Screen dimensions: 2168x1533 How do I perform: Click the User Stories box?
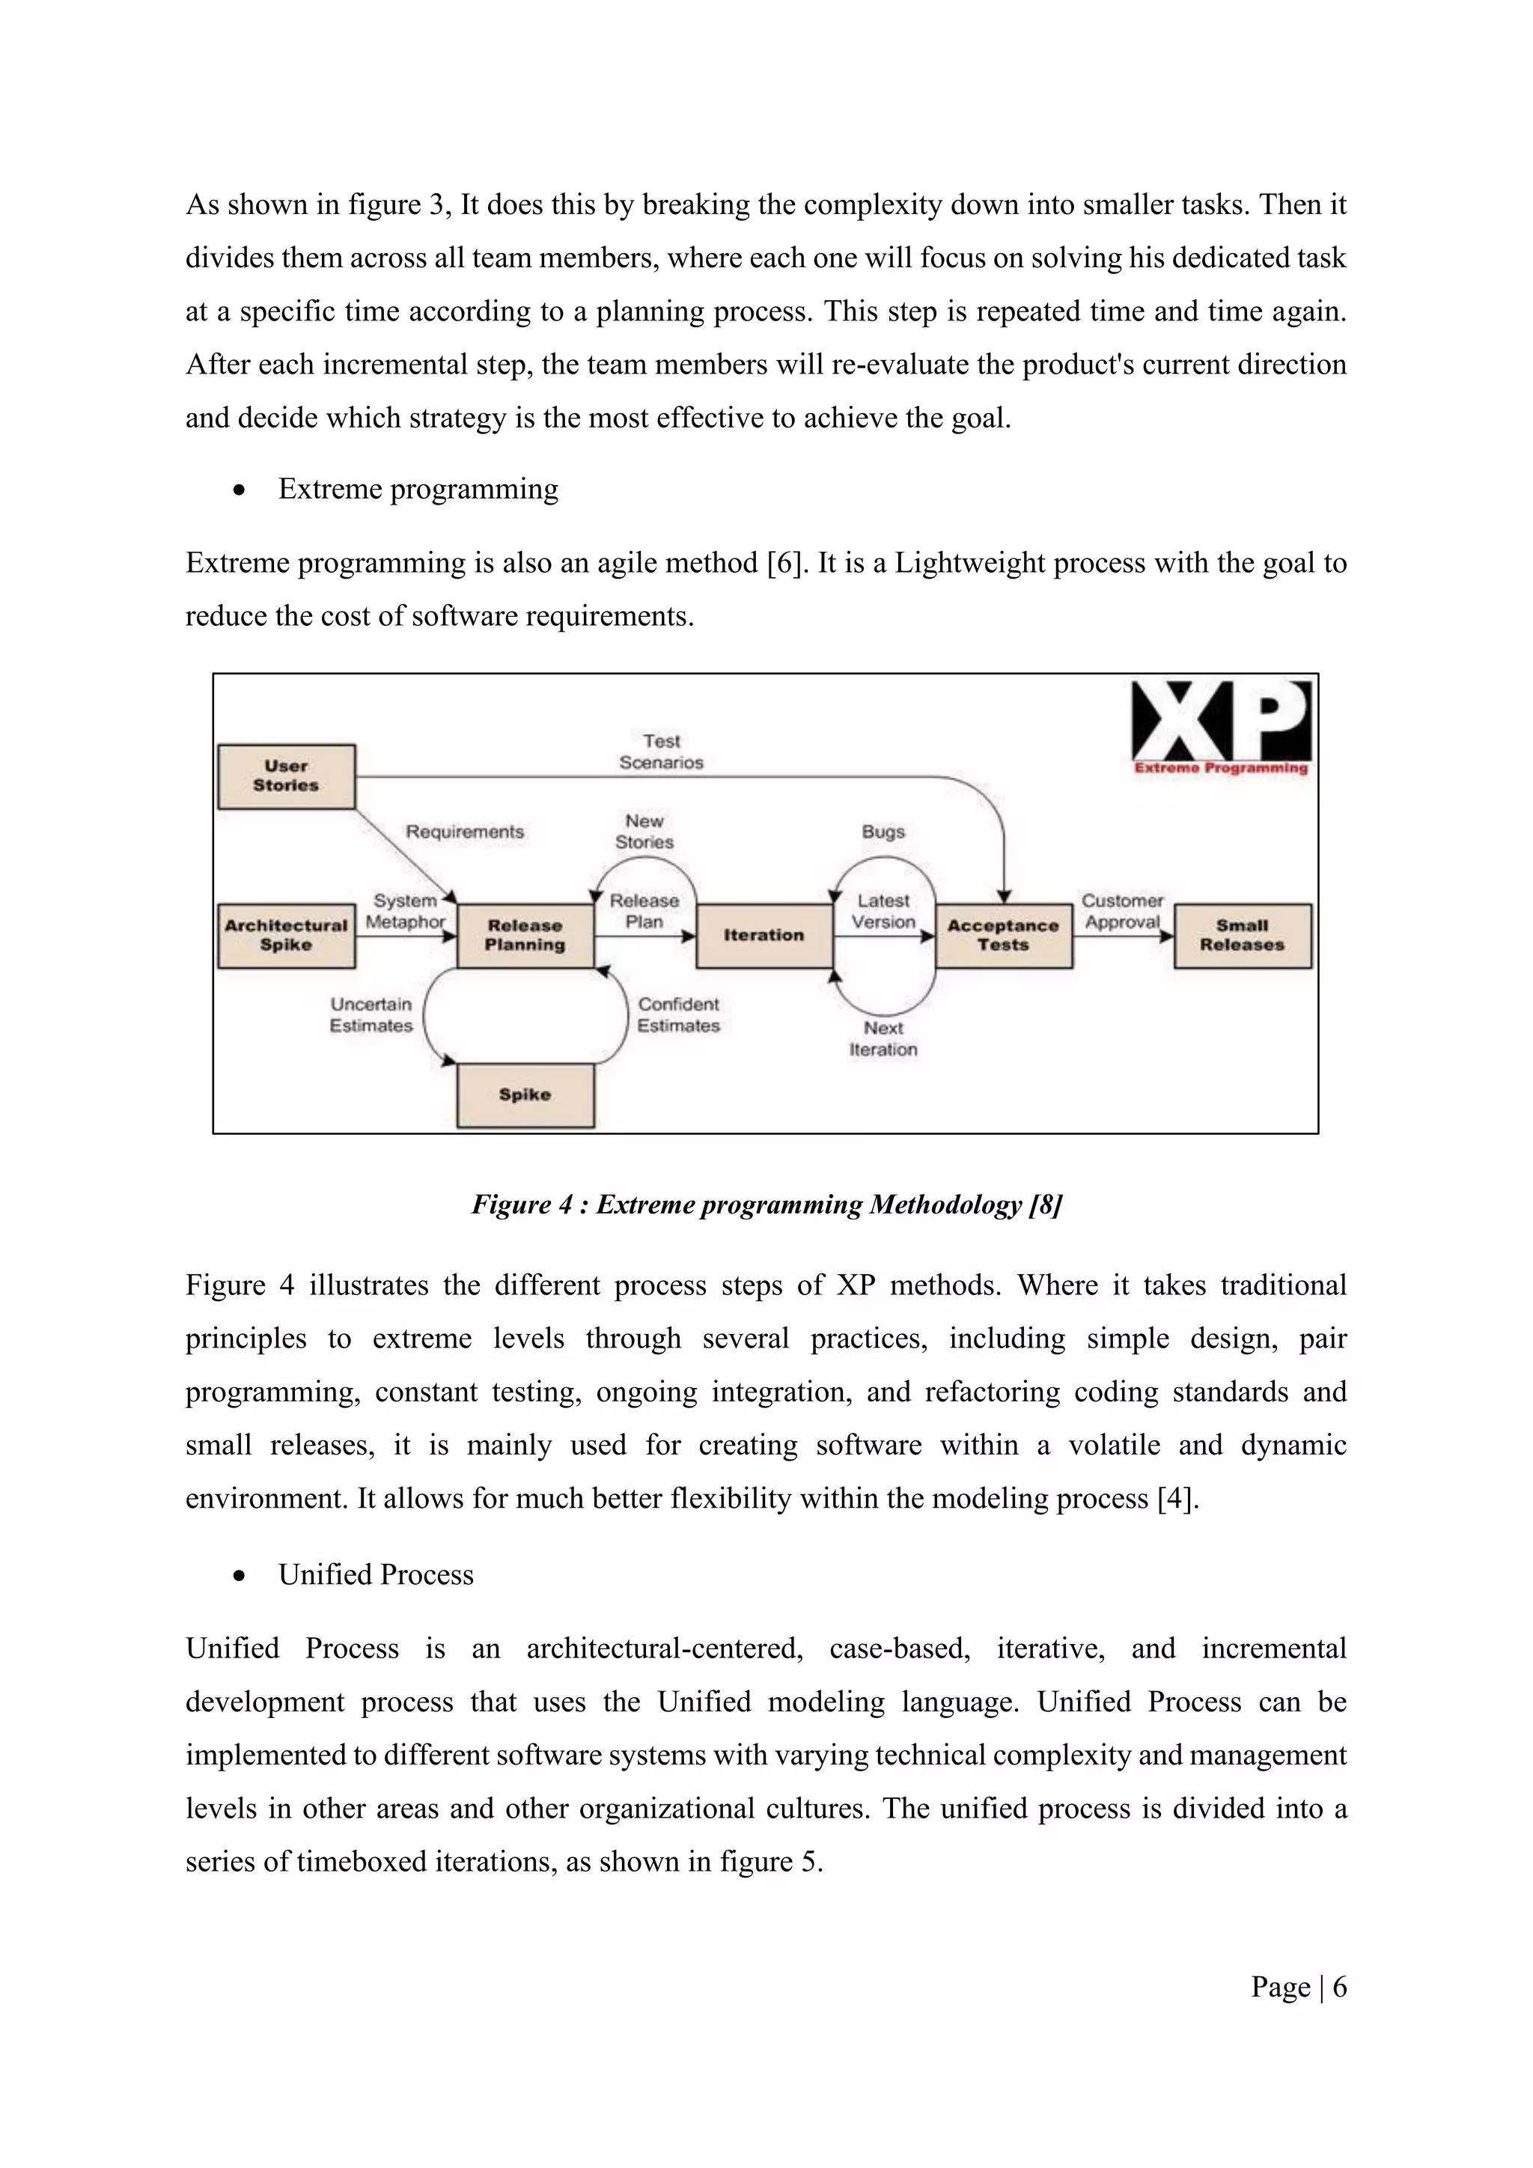[286, 776]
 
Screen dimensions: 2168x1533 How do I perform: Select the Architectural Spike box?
[286, 936]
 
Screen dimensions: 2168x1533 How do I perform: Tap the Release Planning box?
[525, 936]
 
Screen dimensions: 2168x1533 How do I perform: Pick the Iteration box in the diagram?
[764, 936]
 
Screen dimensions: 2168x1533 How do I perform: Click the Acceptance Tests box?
[1004, 936]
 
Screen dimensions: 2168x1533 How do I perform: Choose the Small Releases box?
[1243, 936]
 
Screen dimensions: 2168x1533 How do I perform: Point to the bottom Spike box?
[525, 1095]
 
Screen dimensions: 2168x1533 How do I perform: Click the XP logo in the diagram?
[1221, 725]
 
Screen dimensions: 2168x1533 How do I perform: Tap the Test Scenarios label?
[661, 752]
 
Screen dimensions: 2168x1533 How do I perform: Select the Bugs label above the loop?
[883, 832]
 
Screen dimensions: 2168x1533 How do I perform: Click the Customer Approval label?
[1122, 911]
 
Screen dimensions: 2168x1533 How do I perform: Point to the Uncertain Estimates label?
[371, 1015]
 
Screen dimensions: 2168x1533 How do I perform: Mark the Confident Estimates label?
[677, 1015]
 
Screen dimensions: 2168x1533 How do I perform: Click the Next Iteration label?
[883, 1038]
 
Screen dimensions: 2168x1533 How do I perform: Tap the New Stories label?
[644, 832]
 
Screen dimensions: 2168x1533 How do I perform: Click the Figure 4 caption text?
[766, 1205]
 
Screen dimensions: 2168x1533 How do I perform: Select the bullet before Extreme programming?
[240, 490]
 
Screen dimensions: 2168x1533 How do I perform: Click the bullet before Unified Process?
[240, 1576]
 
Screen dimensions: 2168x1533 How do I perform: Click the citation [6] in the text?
[785, 563]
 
